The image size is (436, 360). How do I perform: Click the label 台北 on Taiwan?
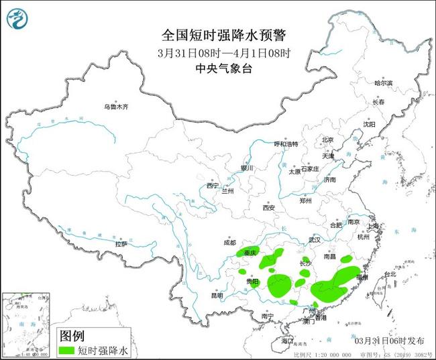389,274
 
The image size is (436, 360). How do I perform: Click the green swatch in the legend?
66,349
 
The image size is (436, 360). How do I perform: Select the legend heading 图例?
71,335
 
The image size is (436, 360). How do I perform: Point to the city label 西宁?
213,185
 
